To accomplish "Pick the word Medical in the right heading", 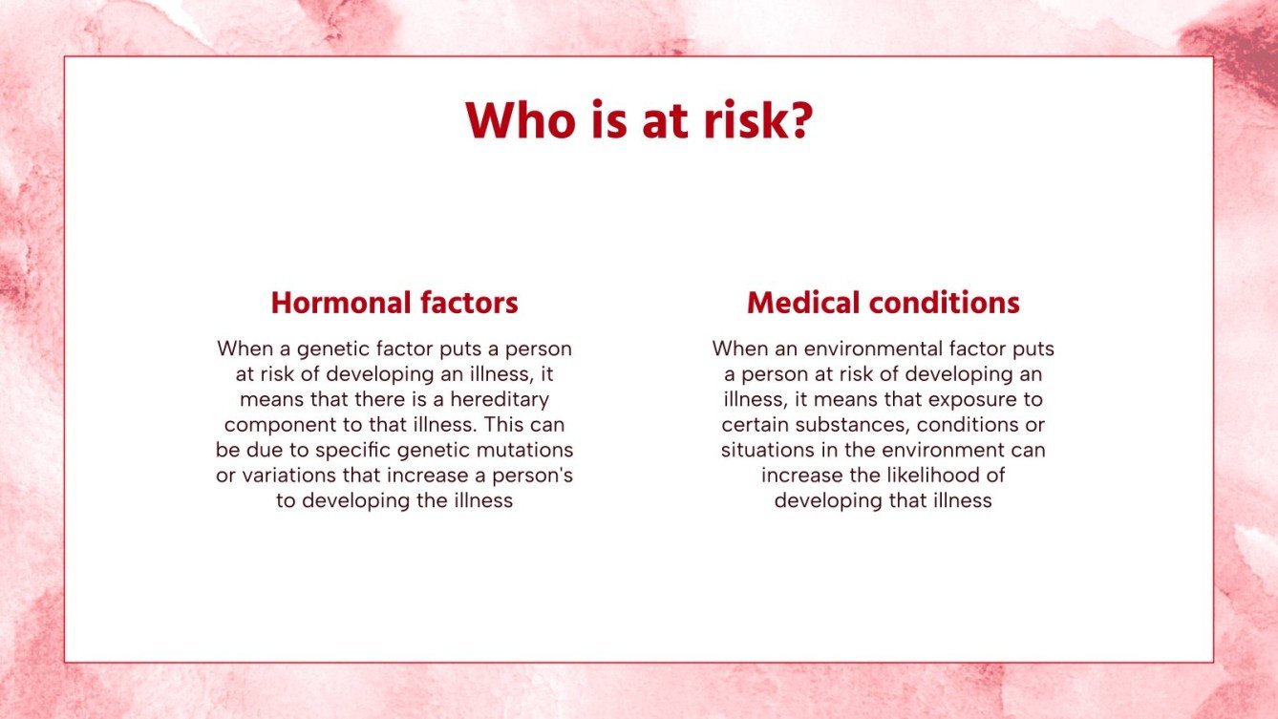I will (798, 303).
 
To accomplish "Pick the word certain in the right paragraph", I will (753, 424).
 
